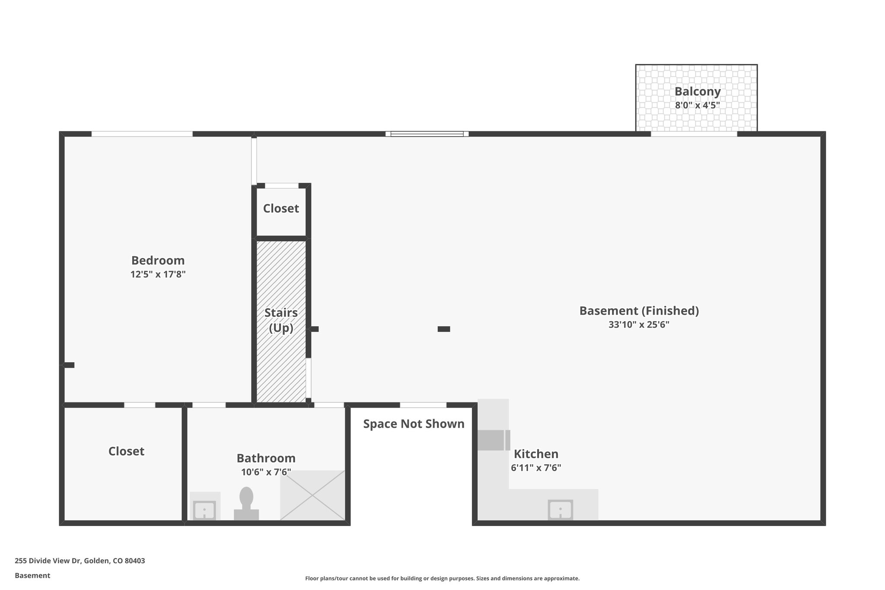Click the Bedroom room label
pos(158,260)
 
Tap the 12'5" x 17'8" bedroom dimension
pos(158,274)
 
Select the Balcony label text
pos(697,91)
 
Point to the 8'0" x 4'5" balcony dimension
pos(697,105)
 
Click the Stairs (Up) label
pos(281,320)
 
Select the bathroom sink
pos(204,510)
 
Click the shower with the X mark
pos(312,495)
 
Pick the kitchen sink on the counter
pos(560,510)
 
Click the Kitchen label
pos(536,454)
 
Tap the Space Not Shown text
pos(414,424)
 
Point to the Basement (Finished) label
pos(639,310)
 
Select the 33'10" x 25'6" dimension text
pos(639,325)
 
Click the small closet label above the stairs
pos(281,208)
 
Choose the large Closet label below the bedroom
pos(126,451)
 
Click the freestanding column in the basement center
pos(444,329)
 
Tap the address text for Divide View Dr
pos(80,561)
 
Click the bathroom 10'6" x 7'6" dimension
pos(266,472)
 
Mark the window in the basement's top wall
pos(427,134)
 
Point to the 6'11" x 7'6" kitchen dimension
pos(536,468)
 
